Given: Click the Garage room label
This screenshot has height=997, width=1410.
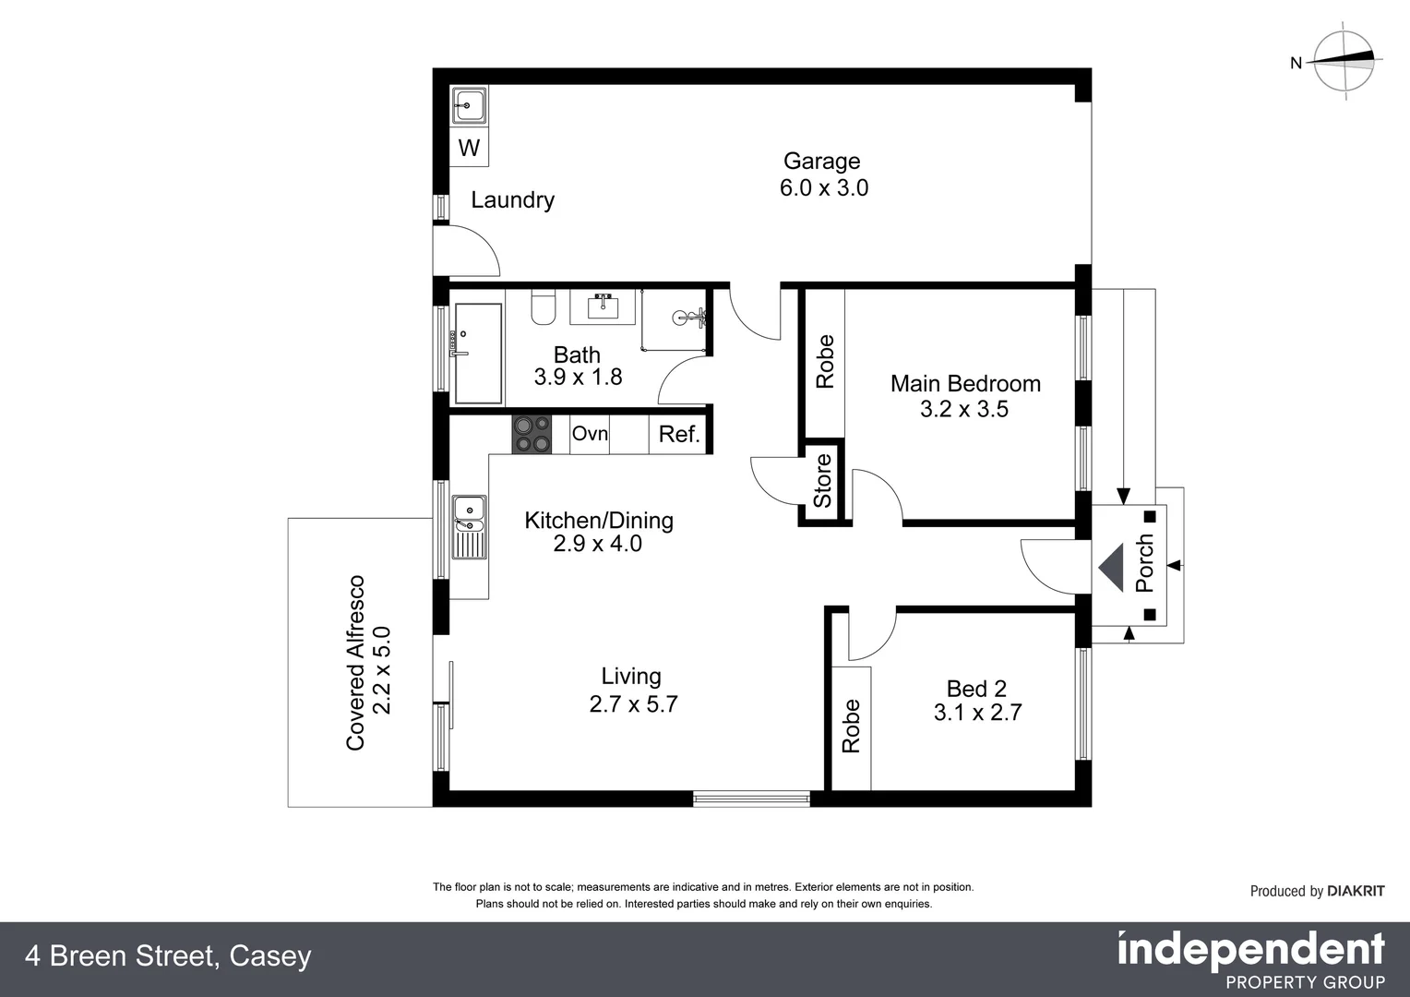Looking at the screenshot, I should click(821, 162).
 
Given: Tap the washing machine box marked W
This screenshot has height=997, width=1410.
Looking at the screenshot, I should click(469, 148).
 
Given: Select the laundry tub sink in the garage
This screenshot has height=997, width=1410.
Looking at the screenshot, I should click(469, 105).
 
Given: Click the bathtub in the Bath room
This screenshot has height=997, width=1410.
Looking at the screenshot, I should click(477, 354).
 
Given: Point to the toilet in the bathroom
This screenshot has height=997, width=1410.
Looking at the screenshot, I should click(544, 307).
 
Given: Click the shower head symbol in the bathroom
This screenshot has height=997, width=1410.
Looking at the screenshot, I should click(687, 318).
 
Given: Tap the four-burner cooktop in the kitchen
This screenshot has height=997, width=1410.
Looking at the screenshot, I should click(532, 435).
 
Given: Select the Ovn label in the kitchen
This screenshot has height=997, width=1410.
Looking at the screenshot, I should click(590, 434).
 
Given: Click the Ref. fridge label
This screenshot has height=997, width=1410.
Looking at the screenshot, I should click(679, 435).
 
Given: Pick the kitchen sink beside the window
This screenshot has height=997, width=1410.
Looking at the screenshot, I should click(469, 527).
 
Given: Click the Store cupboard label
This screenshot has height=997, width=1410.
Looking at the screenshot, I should click(822, 480).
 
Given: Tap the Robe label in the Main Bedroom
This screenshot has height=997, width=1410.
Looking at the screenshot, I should click(824, 361).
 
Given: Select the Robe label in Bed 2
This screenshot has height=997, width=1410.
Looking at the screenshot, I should click(851, 726).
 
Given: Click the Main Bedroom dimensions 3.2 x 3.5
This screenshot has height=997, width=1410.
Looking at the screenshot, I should click(964, 410).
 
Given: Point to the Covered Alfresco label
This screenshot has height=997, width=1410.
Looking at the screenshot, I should click(356, 662).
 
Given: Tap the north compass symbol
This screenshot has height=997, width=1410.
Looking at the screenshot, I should click(1344, 61).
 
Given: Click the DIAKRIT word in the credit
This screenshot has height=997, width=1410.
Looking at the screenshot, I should click(1356, 891).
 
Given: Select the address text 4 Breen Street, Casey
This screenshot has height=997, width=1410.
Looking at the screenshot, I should click(168, 956).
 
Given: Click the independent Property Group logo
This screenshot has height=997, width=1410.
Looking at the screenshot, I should click(1250, 960).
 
